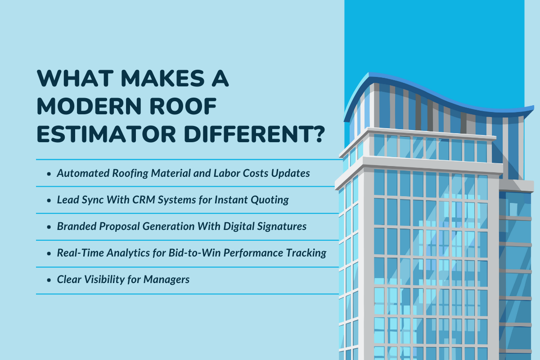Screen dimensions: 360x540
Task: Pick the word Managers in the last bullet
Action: (167, 279)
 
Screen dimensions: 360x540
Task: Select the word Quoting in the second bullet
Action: (270, 200)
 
